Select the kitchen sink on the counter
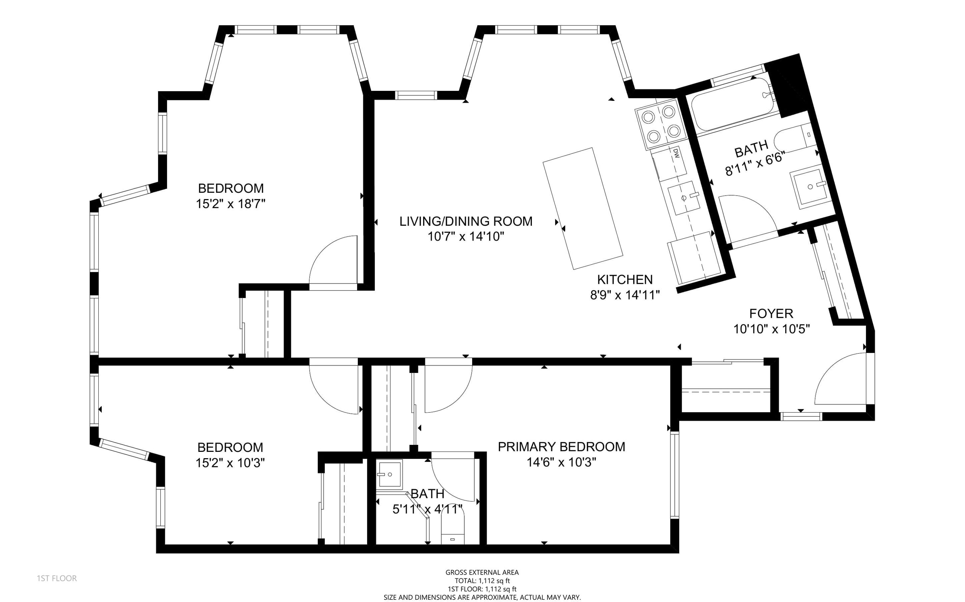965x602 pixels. pyautogui.click(x=684, y=198)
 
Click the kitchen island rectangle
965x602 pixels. pyautogui.click(x=583, y=208)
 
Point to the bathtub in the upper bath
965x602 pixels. pyautogui.click(x=733, y=104)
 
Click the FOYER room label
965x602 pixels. pyautogui.click(x=771, y=314)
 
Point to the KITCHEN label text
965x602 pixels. pyautogui.click(x=625, y=279)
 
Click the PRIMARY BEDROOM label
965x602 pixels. pyautogui.click(x=561, y=447)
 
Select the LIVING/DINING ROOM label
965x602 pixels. pyautogui.click(x=466, y=221)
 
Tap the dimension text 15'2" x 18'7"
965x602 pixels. pyautogui.click(x=230, y=204)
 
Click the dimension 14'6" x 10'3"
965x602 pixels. pyautogui.click(x=561, y=462)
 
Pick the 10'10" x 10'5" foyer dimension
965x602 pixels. pyautogui.click(x=772, y=329)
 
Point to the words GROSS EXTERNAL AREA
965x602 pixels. pyautogui.click(x=482, y=572)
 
